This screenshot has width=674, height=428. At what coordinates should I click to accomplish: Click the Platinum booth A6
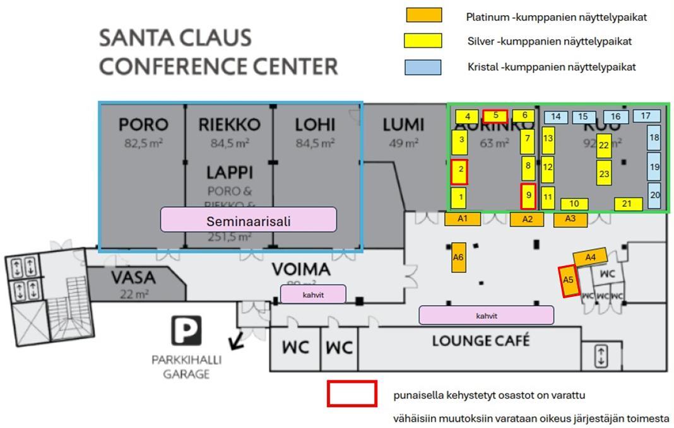click(458, 257)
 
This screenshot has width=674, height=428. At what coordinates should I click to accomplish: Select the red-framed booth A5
click(569, 281)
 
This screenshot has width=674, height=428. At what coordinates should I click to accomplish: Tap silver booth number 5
click(495, 116)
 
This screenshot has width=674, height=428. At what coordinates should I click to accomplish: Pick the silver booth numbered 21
click(627, 204)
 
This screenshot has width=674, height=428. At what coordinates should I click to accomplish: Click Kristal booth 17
click(646, 116)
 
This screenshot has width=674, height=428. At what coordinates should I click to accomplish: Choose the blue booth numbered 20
click(654, 195)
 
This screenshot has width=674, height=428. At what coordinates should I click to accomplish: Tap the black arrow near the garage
click(237, 342)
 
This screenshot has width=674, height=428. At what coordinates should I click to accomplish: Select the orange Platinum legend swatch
click(423, 16)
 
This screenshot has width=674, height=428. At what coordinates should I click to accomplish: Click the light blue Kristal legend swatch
click(423, 67)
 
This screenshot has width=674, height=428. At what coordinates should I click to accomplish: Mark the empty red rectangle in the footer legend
click(352, 393)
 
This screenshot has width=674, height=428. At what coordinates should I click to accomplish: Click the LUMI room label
click(403, 125)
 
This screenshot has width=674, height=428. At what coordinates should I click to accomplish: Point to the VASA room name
click(133, 277)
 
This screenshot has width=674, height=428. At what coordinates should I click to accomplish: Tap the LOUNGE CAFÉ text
click(480, 341)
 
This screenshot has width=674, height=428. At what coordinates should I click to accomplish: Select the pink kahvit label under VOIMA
click(313, 294)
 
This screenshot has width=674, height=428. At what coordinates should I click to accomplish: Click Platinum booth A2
click(528, 219)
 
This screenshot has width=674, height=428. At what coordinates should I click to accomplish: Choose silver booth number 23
click(605, 173)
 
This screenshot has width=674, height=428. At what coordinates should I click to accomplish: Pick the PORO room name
click(143, 125)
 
